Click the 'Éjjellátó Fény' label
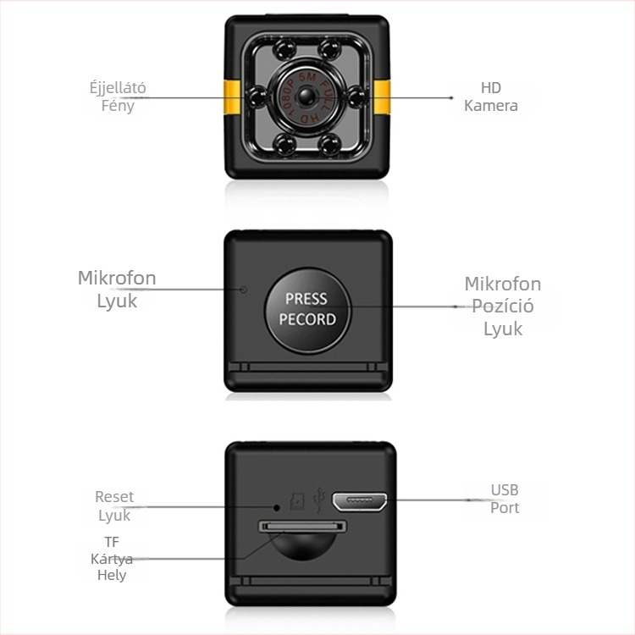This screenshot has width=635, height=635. click(118, 97)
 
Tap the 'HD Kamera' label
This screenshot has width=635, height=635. click(491, 97)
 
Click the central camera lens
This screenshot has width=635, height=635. click(307, 97)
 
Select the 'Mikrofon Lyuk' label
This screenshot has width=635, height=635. click(117, 290)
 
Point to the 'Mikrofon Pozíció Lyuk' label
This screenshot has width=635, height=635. click(503, 306)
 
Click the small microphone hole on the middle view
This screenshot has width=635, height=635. click(243, 290)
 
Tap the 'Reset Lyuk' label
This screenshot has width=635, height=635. click(114, 505)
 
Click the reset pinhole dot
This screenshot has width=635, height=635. click(277, 507)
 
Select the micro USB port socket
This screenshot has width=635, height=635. click(359, 501)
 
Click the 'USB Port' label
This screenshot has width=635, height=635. click(505, 499)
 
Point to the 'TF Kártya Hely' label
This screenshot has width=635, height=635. click(112, 559)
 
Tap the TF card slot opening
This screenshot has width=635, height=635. click(302, 527)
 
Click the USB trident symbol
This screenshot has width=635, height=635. click(320, 500)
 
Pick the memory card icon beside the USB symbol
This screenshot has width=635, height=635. click(297, 502)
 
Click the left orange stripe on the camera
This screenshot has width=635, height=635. click(232, 97)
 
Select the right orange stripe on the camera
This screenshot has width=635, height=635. click(382, 97)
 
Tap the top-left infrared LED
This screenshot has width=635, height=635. click(284, 50)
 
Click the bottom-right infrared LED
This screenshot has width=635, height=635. click(329, 145)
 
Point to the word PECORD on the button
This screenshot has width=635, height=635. click(307, 319)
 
